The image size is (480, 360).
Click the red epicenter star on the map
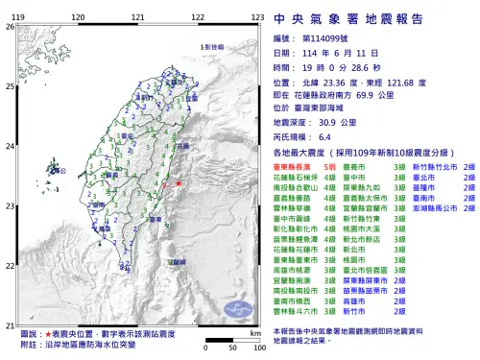(178, 182)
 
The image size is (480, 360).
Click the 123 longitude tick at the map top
(257, 18)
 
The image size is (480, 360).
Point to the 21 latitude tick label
(10, 324)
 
